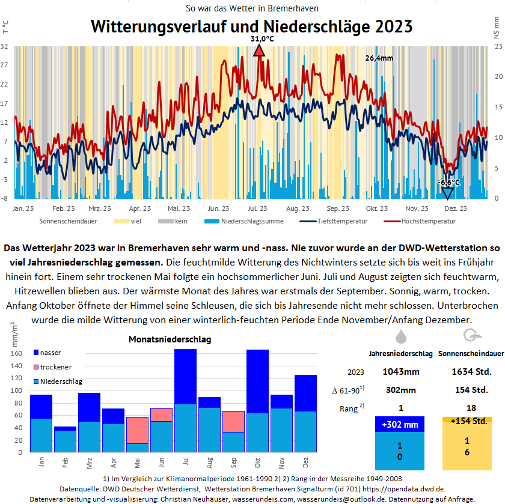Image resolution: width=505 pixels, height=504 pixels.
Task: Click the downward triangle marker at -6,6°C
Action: tap(447, 193)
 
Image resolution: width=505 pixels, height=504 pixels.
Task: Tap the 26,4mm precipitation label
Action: tap(379, 58)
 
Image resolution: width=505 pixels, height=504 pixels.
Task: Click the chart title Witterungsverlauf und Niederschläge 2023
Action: tap(251, 26)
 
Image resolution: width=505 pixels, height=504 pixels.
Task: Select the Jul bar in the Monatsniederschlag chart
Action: tap(186, 400)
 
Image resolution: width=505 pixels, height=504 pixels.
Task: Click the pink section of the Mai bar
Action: tap(138, 430)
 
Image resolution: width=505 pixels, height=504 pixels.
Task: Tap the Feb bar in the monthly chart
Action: tap(66, 439)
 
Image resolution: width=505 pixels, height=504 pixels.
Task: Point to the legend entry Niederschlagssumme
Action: tap(249, 221)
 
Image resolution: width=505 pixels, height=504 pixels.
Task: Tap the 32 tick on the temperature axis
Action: tap(4, 46)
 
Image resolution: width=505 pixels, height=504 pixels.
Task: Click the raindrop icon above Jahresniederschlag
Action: tap(400, 335)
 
